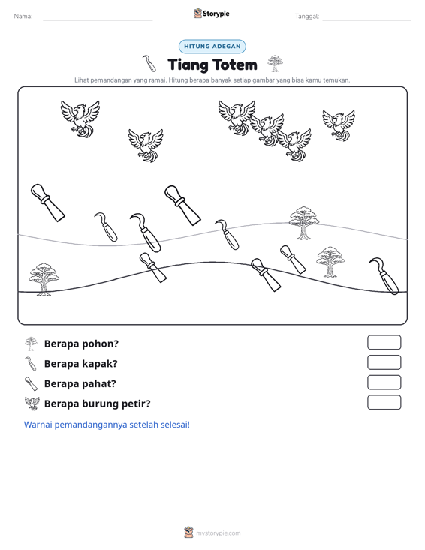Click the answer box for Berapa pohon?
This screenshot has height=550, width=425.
[x=384, y=342]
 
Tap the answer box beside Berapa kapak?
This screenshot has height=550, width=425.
[x=384, y=362]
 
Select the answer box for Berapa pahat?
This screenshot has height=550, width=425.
[x=384, y=383]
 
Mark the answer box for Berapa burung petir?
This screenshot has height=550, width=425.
[x=384, y=402]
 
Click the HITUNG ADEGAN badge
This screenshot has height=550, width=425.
[x=212, y=47]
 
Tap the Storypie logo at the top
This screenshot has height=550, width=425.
[x=212, y=14]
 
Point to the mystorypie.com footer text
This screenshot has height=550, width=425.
[x=218, y=533]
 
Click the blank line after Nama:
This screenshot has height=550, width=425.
[x=98, y=20]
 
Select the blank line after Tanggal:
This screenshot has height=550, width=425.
[x=366, y=20]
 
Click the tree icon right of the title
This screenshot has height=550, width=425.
[x=275, y=63]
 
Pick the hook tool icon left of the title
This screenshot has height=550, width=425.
[x=149, y=63]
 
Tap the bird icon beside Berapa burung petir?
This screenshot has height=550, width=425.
[x=32, y=404]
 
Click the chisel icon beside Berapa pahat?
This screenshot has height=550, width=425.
[x=31, y=383]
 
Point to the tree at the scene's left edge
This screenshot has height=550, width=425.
[x=44, y=279]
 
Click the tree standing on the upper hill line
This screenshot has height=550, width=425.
[x=304, y=223]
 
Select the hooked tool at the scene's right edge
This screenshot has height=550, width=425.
[x=384, y=276]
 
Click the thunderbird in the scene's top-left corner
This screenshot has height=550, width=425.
[x=80, y=119]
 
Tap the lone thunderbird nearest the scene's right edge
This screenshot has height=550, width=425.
[x=339, y=125]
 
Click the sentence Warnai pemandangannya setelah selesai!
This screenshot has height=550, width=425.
[x=107, y=425]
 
